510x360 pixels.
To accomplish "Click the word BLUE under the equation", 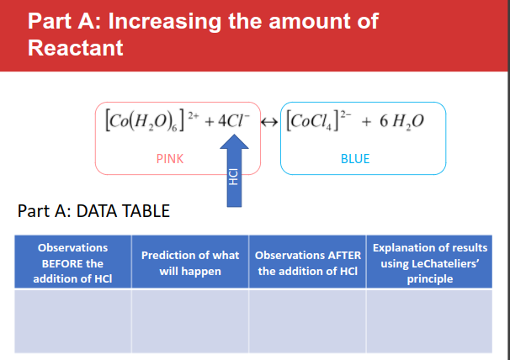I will (355, 158).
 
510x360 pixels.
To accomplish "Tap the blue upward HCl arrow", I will (235, 172).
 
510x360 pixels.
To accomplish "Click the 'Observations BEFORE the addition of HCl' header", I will (73, 263).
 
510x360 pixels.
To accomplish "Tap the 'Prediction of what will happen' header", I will (190, 263).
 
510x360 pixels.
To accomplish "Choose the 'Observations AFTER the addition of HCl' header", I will (308, 263).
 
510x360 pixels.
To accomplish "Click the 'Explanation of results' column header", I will (430, 263).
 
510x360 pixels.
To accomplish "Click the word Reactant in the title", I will (76, 48).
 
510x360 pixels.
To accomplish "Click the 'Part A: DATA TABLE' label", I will (93, 210).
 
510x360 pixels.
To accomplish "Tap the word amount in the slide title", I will (307, 21).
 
